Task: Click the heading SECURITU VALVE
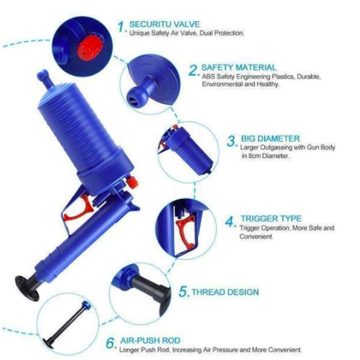(165, 24)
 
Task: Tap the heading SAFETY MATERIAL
(239, 67)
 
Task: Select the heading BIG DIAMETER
(270, 139)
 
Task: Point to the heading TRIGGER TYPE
(271, 218)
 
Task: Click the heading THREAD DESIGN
(225, 292)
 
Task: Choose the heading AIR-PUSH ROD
(150, 341)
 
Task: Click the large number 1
(121, 27)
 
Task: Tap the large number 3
(231, 141)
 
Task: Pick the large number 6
(110, 343)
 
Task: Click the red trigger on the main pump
(78, 209)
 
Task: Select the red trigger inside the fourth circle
(186, 231)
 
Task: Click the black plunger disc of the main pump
(27, 288)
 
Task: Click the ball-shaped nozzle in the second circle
(137, 96)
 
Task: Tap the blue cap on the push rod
(86, 305)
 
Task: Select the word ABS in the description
(208, 76)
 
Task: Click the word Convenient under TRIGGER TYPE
(256, 236)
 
